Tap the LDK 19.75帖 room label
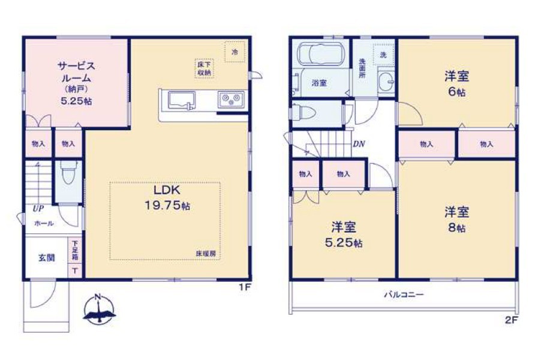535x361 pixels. (x=167, y=198)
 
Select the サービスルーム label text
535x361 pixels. (x=76, y=71)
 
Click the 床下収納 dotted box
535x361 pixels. (x=205, y=68)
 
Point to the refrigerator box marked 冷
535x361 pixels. (x=235, y=52)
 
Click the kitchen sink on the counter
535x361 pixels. (x=182, y=101)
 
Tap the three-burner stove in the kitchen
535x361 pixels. (x=232, y=100)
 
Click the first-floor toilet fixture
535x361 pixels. (x=69, y=172)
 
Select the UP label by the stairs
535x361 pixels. (x=38, y=208)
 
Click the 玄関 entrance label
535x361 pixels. (x=46, y=258)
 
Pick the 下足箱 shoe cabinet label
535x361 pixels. (x=75, y=251)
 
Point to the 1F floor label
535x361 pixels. (x=245, y=287)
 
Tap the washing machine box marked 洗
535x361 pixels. (x=383, y=55)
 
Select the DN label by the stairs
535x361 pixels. (x=359, y=144)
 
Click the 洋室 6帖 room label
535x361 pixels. (x=456, y=83)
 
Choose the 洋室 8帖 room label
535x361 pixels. (x=456, y=219)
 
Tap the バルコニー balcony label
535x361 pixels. (x=404, y=294)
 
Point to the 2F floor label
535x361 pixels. (x=512, y=320)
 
